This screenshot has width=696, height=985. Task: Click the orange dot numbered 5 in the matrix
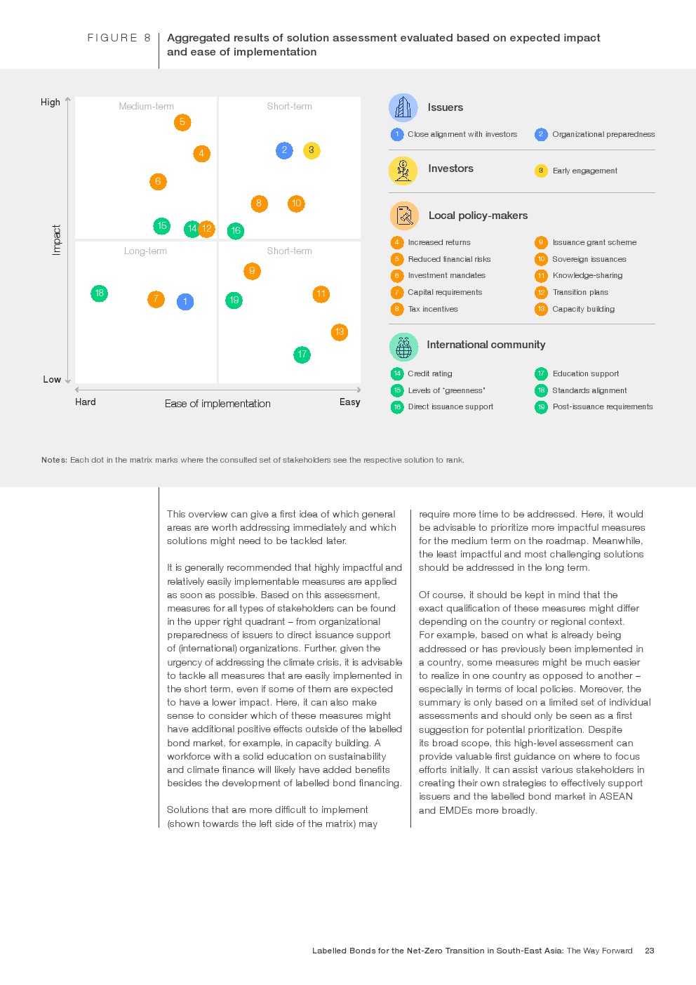click(182, 122)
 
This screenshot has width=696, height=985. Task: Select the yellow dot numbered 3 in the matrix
click(312, 150)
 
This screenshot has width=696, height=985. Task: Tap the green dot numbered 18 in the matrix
click(100, 293)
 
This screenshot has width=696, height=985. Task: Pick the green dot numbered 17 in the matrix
click(302, 355)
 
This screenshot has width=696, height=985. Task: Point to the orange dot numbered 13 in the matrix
click(340, 332)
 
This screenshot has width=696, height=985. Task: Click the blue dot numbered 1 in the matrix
click(185, 302)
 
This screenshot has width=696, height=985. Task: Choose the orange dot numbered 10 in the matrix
click(296, 204)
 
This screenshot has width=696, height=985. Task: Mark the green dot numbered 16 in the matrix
click(236, 230)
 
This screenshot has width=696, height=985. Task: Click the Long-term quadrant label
click(145, 251)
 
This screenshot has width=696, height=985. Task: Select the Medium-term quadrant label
click(146, 107)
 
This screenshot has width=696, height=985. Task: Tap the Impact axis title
click(57, 240)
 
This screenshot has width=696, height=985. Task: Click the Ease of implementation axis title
click(217, 404)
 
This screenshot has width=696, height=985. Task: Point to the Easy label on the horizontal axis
click(349, 402)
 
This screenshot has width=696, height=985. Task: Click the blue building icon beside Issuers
click(403, 107)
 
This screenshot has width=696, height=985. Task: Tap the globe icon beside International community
click(403, 346)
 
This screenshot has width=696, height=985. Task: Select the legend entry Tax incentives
click(432, 309)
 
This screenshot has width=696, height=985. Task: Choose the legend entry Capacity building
click(583, 309)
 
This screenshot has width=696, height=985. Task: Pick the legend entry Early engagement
click(584, 171)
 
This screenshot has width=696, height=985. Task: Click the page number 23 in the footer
click(650, 951)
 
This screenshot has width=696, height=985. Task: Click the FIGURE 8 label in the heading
click(119, 38)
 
